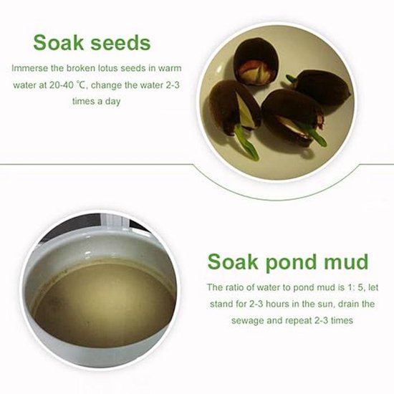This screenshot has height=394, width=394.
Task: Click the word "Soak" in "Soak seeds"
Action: tap(58, 42)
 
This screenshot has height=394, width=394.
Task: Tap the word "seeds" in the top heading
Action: tap(120, 42)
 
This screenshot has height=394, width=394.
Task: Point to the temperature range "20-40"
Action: tap(61, 85)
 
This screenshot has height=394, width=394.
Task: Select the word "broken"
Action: tap(81, 68)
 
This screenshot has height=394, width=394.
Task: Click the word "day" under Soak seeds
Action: tap(112, 102)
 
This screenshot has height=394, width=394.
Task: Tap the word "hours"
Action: tap(277, 304)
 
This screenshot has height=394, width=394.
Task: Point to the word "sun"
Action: tap(327, 304)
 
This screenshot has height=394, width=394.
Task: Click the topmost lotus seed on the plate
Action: tap(256, 62)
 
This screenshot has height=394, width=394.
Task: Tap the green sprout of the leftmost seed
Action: tap(246, 143)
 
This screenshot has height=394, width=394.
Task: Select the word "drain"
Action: tap(350, 304)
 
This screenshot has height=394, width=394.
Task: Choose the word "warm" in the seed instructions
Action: tap(170, 69)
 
